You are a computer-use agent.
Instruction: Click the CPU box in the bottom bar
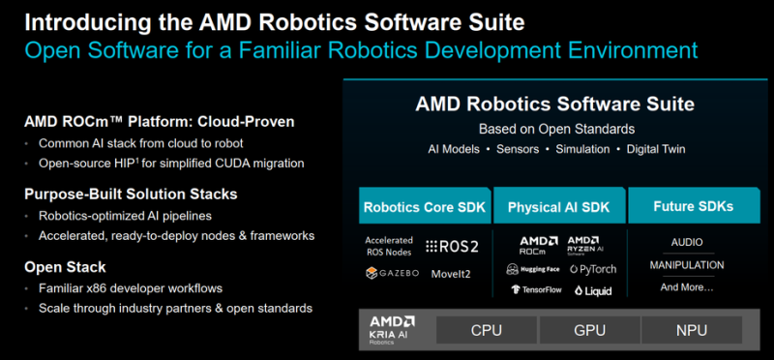pos(487,330)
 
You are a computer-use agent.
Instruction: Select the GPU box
pos(589,330)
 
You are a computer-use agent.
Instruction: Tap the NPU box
pos(692,330)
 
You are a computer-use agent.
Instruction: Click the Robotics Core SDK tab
pos(425,206)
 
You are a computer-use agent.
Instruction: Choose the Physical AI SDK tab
pos(560,206)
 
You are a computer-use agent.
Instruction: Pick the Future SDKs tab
pos(694,206)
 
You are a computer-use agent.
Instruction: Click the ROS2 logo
pos(452,247)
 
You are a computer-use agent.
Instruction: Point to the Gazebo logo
pos(392,273)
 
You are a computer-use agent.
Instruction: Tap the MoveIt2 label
pos(451,274)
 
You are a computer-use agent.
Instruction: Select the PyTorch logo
pos(593,269)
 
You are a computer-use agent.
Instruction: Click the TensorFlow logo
pos(537,290)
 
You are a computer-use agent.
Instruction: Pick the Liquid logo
pos(593,290)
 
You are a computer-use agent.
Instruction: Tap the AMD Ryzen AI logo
pos(585,246)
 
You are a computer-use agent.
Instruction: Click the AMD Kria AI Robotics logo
pos(392,330)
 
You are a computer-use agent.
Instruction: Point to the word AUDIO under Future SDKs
pos(687,243)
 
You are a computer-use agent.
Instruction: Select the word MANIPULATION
pos(687,265)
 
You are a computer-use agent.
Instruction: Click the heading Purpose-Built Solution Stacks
pos(131,195)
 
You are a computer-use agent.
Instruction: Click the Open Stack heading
pos(65,267)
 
